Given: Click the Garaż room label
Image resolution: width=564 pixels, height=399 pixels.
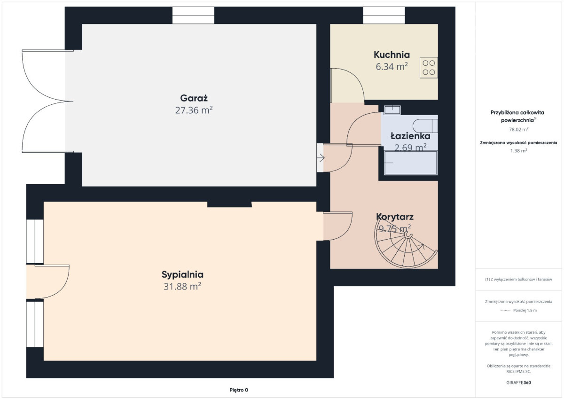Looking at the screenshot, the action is click(x=194, y=98).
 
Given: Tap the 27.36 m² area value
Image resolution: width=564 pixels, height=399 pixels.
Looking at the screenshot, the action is click(x=194, y=110).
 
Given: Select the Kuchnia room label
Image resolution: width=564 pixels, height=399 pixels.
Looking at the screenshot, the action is click(x=392, y=55).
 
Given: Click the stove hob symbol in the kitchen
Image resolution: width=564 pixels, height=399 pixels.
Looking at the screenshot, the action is click(x=429, y=68).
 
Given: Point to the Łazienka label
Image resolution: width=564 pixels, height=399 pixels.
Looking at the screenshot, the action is click(x=410, y=136).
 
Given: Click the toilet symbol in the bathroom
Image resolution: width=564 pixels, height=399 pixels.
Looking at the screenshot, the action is click(x=425, y=125).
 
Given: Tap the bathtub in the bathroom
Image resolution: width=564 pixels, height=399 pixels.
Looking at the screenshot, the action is click(x=411, y=163).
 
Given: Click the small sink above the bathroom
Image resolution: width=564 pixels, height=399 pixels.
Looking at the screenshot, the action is click(x=392, y=110).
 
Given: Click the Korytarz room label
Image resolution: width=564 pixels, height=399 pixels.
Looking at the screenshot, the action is click(x=395, y=217).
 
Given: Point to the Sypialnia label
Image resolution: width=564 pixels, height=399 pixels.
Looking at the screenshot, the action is click(x=182, y=274).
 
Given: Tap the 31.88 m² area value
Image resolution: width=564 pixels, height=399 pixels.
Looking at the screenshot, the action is click(x=182, y=287).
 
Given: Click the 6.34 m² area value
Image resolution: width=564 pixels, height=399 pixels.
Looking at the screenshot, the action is click(x=392, y=67).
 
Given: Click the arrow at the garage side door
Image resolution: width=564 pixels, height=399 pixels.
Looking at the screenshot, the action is click(x=321, y=158).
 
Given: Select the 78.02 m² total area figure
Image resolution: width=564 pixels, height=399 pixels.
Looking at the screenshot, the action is click(x=519, y=129).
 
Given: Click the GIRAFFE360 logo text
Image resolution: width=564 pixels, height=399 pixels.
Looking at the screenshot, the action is click(x=519, y=383).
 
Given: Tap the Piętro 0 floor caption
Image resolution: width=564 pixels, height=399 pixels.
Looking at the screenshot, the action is click(x=239, y=390).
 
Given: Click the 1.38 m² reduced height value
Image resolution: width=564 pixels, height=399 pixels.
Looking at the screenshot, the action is click(x=519, y=151).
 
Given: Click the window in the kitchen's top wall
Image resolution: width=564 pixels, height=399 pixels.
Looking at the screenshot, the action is click(x=384, y=16).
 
